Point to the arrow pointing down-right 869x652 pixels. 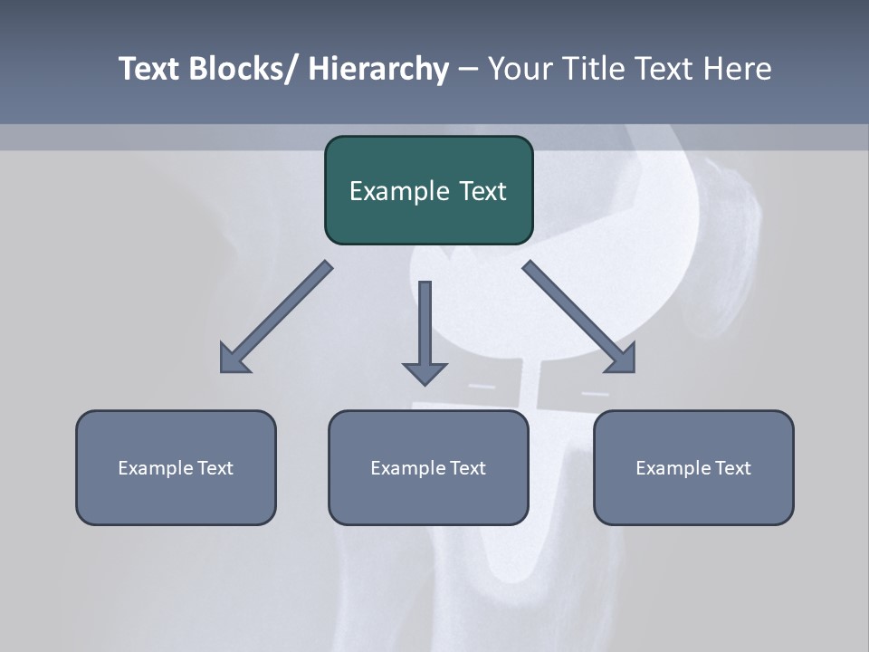(575, 313)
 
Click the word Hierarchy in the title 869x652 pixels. (378, 69)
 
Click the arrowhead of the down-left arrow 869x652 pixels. (234, 360)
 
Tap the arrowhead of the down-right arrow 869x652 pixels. (622, 360)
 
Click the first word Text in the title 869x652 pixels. (149, 69)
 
